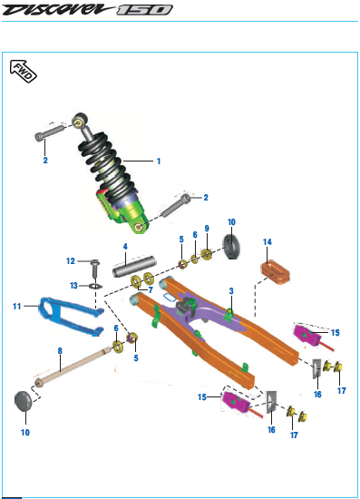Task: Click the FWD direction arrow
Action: tap(24, 72)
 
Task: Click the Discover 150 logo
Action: tap(87, 10)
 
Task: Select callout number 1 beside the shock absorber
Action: tap(159, 161)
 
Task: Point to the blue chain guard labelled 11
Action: tap(70, 315)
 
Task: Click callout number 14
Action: tap(268, 242)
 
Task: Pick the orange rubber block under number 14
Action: tap(276, 272)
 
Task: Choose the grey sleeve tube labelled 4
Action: tap(134, 266)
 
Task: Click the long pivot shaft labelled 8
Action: tap(73, 367)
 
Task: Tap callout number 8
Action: tap(60, 351)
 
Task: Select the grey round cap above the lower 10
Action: tap(24, 401)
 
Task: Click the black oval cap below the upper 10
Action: tap(231, 247)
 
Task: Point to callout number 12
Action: tap(71, 261)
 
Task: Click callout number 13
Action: tap(73, 286)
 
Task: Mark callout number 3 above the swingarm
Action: tap(231, 291)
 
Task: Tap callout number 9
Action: tap(207, 228)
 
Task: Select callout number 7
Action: tap(151, 289)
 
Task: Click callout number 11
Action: tap(16, 306)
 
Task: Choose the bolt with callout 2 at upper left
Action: tap(50, 132)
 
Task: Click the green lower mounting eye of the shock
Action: tap(139, 226)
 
